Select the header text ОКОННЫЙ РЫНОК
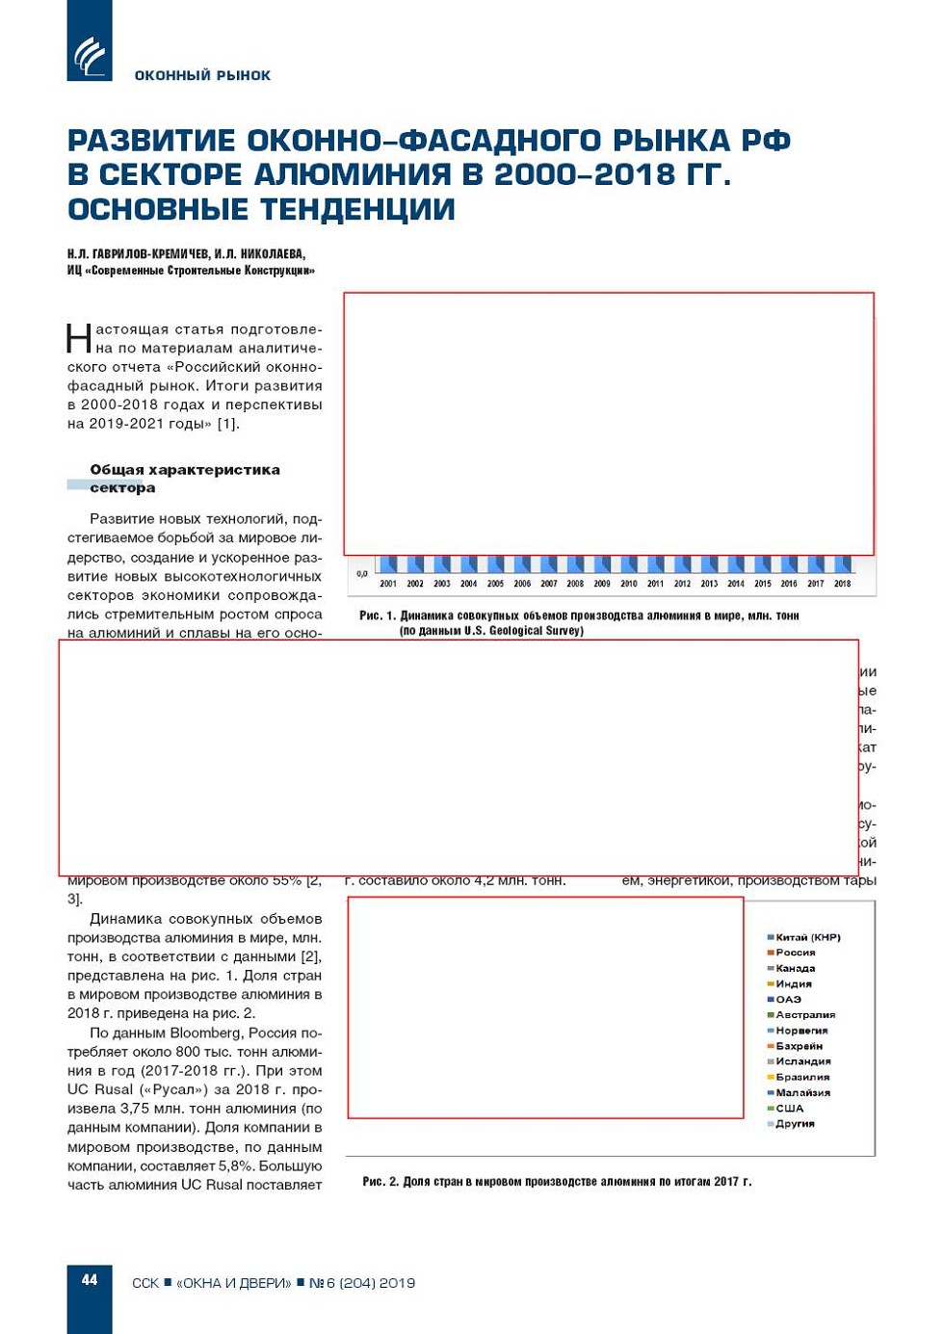coord(202,75)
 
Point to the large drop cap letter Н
coord(79,339)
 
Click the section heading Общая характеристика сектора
coord(184,479)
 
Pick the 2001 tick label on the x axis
coord(388,584)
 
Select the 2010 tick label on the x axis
coord(629,584)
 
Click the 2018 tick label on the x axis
coord(843,584)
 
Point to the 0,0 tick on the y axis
coord(362,574)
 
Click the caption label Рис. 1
coord(377,615)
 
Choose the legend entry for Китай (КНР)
coord(807,937)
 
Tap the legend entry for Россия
coord(795,953)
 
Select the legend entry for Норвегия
coord(800,1031)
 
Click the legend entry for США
coord(789,1109)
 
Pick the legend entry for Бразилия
coord(801,1077)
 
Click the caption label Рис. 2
coord(380,1181)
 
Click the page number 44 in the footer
coord(90,1280)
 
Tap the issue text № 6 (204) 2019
coord(362,1283)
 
